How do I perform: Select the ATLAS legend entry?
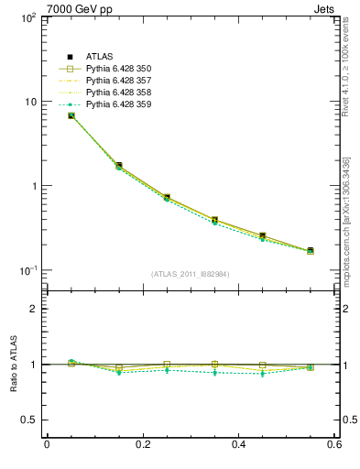point(102,58)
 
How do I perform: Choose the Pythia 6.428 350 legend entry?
point(118,70)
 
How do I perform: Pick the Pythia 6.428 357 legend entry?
point(118,82)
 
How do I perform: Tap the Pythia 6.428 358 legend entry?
point(118,93)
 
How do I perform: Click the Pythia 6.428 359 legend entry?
point(118,104)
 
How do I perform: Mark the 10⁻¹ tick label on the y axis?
point(28,270)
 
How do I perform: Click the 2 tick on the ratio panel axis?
point(34,309)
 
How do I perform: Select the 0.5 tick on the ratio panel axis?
point(30,420)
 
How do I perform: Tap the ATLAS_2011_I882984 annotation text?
point(191,274)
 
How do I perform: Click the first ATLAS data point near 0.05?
point(71,115)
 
